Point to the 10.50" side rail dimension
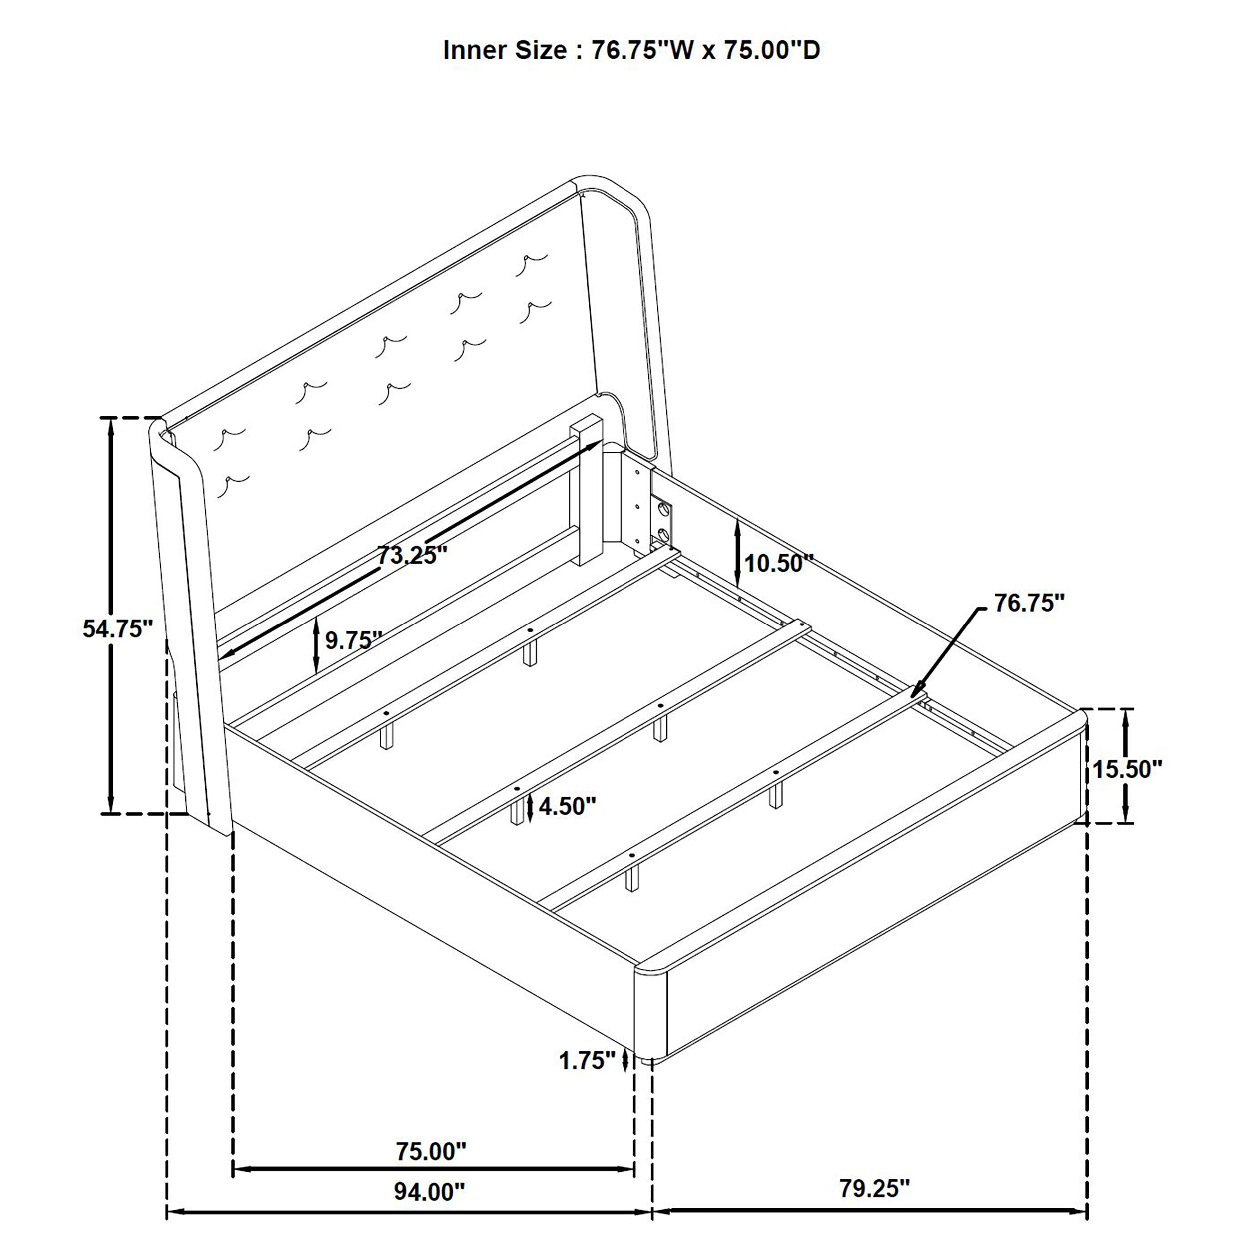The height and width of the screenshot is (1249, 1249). coord(778,563)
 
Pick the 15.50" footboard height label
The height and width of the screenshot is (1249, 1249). coord(1127,769)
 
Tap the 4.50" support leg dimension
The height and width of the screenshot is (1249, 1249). coord(567,806)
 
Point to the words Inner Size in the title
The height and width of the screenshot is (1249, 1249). coord(504,50)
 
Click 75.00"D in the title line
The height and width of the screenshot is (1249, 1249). coord(771,50)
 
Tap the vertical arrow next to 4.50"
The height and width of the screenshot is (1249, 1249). coord(530,807)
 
